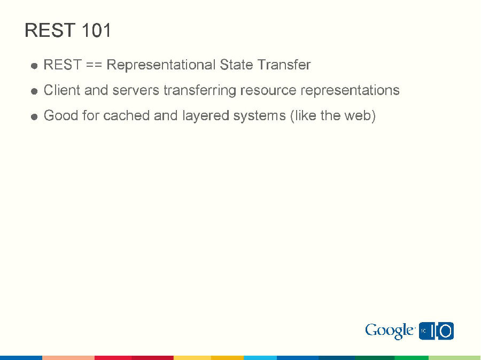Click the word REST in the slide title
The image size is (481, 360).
point(50,30)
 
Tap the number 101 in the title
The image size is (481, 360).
point(97,30)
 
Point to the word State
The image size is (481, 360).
point(236,65)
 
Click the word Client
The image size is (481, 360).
point(61,90)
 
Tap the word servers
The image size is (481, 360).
point(136,90)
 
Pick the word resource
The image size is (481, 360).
point(268,90)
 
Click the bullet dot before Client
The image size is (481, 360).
point(34,91)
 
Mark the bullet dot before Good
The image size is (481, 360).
point(34,116)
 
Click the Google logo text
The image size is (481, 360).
point(390,331)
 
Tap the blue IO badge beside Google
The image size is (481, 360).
point(437,331)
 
